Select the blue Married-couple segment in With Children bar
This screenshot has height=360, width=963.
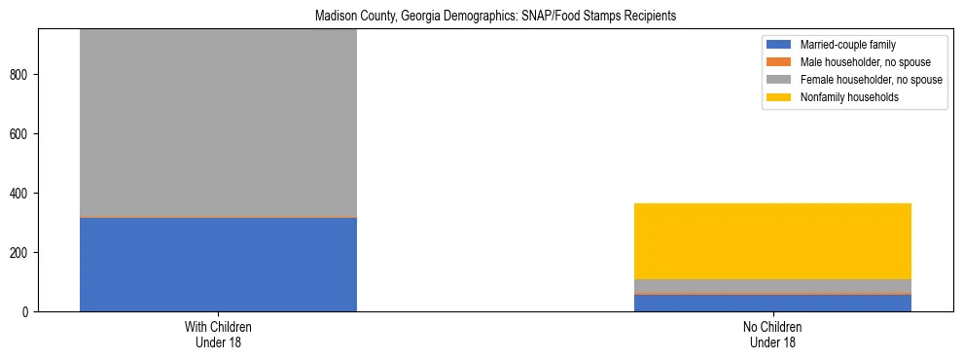click(218, 264)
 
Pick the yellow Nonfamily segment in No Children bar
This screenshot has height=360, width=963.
click(772, 241)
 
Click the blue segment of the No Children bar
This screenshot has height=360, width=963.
click(772, 303)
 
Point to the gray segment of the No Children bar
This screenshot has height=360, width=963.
click(772, 285)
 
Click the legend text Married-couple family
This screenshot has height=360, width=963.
click(847, 45)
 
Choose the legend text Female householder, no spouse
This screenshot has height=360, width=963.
click(871, 80)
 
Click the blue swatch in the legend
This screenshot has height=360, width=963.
click(780, 45)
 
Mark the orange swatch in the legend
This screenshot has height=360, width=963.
click(780, 62)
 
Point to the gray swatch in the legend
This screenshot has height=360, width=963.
click(780, 80)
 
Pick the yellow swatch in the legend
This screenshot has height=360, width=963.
click(780, 97)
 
